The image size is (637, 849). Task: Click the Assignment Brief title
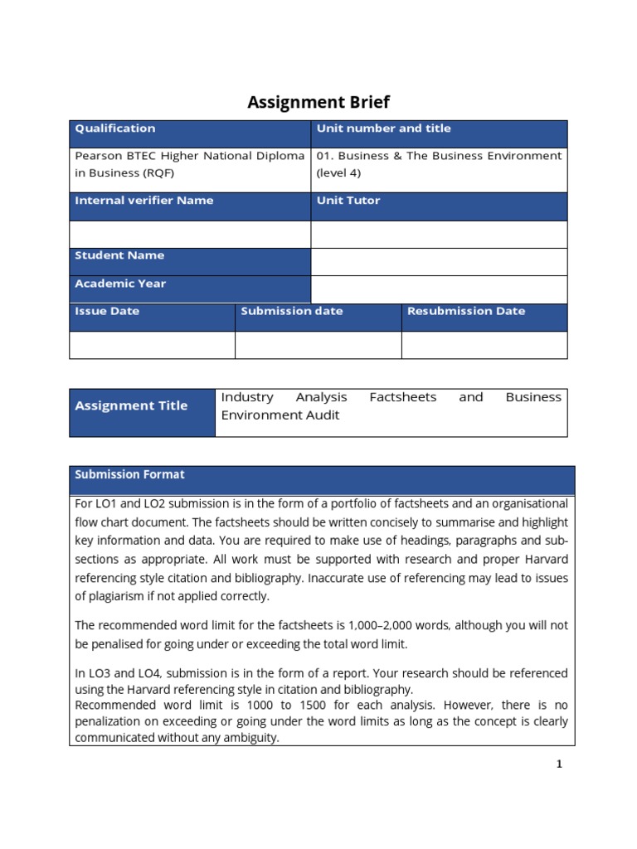pyautogui.click(x=318, y=103)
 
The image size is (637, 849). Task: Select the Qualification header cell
pyautogui.click(x=114, y=129)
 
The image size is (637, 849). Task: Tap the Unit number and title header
pyautogui.click(x=383, y=129)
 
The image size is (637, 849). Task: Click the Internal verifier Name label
pyautogui.click(x=143, y=201)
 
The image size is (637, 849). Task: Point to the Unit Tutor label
pyautogui.click(x=348, y=201)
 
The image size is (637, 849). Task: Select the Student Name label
pyautogui.click(x=119, y=255)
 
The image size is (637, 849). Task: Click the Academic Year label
pyautogui.click(x=120, y=284)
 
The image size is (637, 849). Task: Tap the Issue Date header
pyautogui.click(x=107, y=311)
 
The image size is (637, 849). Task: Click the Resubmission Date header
pyautogui.click(x=466, y=311)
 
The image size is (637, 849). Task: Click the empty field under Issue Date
pyautogui.click(x=152, y=345)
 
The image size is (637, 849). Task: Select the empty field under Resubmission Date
pyautogui.click(x=484, y=345)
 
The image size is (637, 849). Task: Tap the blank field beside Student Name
pyautogui.click(x=439, y=262)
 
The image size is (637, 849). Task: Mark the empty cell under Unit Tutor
pyautogui.click(x=439, y=235)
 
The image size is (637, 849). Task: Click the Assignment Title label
pyautogui.click(x=131, y=405)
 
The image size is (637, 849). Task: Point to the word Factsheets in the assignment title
pyautogui.click(x=402, y=397)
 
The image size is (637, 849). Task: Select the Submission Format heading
pyautogui.click(x=129, y=474)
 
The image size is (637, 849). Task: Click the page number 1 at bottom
pyautogui.click(x=559, y=764)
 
